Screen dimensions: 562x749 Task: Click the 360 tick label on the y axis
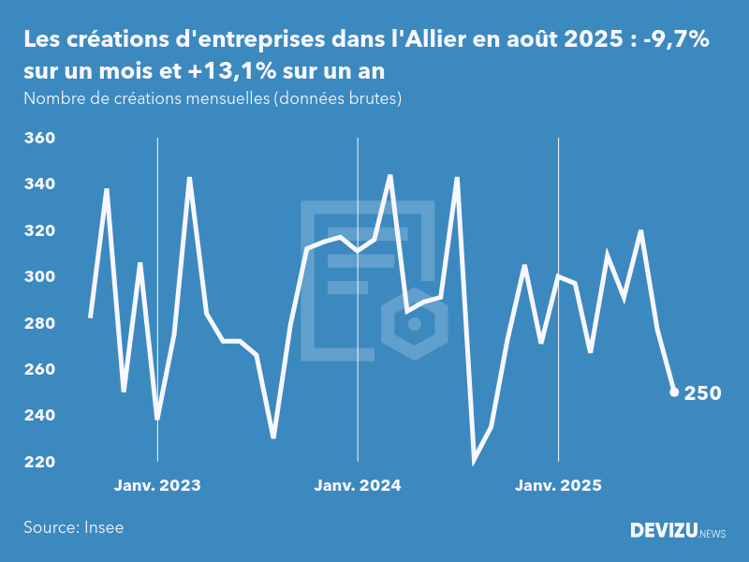click(x=38, y=139)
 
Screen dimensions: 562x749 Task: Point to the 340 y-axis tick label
click(x=38, y=185)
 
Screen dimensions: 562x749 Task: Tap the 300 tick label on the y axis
click(x=38, y=277)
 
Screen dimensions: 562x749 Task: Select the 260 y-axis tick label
click(x=38, y=370)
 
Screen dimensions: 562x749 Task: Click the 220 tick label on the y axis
click(x=38, y=462)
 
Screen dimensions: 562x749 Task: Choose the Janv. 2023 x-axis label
click(x=157, y=486)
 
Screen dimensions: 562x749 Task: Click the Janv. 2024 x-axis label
click(x=358, y=486)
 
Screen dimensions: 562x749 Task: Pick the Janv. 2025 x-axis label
click(x=558, y=486)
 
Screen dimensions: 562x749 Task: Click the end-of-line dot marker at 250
click(x=674, y=392)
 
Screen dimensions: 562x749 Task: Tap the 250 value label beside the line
click(x=702, y=393)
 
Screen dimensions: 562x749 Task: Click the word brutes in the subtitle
click(x=376, y=98)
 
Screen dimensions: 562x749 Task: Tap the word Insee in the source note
click(x=104, y=527)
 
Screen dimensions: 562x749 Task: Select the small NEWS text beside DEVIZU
click(x=712, y=533)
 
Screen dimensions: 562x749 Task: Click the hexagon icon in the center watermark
click(x=413, y=324)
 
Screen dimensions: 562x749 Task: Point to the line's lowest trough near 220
click(x=474, y=460)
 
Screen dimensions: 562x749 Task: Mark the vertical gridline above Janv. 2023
click(x=157, y=281)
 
